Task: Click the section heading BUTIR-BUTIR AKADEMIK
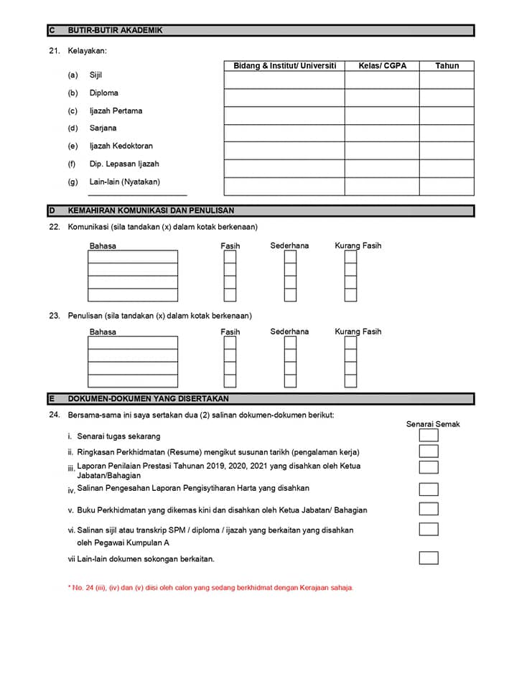(115, 31)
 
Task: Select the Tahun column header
(447, 66)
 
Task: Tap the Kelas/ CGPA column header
(382, 66)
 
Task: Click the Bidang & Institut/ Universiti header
(284, 66)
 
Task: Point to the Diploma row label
(103, 93)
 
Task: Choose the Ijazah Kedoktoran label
(121, 146)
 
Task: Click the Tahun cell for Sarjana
(447, 133)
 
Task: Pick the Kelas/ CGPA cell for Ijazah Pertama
(382, 116)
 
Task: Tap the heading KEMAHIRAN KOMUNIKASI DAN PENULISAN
(151, 211)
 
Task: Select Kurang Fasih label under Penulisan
(358, 332)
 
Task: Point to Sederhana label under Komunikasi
(289, 246)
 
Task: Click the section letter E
(52, 398)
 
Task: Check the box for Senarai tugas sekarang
(429, 435)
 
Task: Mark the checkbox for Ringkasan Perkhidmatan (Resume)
(429, 451)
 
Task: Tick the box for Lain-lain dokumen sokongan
(429, 558)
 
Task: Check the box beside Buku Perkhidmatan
(429, 509)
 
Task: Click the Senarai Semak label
(433, 424)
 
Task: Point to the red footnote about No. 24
(210, 588)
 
